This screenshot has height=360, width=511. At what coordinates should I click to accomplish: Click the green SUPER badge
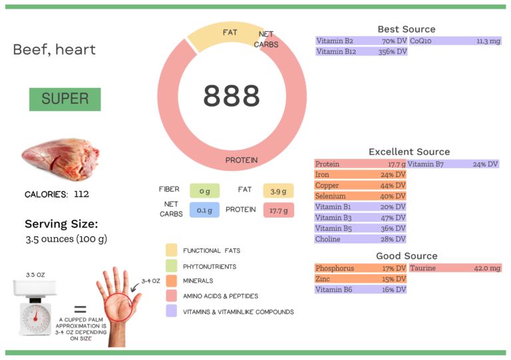click(x=65, y=99)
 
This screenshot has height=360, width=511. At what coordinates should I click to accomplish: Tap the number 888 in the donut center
click(x=231, y=96)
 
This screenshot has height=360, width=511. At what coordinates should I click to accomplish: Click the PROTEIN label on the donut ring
click(x=241, y=160)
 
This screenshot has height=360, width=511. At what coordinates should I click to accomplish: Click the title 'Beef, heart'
click(x=54, y=50)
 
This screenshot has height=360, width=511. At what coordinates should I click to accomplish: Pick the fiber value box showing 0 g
click(x=204, y=191)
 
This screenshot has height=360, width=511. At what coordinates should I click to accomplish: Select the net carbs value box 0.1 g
click(x=204, y=210)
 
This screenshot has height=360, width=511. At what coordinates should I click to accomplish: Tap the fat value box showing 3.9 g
click(x=278, y=191)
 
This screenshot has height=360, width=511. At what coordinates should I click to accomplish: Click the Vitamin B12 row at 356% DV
click(x=361, y=51)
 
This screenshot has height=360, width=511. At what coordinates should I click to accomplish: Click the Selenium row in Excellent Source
click(x=360, y=196)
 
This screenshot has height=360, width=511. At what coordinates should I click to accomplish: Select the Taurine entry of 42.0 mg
click(x=454, y=268)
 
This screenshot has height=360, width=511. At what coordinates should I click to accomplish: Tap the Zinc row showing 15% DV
click(x=360, y=279)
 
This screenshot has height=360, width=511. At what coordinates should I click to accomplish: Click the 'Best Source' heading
click(x=406, y=29)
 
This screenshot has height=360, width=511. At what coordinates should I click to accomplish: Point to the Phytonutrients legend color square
click(x=171, y=266)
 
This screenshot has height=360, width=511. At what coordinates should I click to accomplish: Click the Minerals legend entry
click(x=198, y=281)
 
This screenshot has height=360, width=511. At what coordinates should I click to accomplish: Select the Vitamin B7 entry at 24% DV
click(x=452, y=164)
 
